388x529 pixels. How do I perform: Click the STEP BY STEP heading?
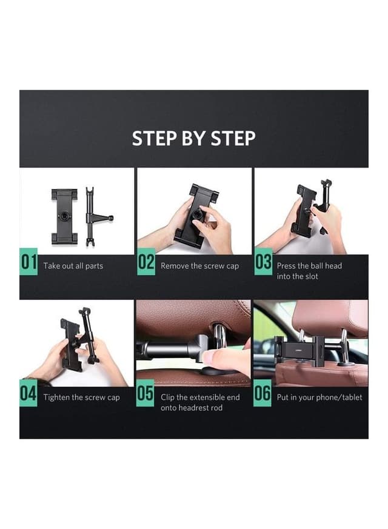coord(193,138)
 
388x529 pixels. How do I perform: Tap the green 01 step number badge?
coord(28,262)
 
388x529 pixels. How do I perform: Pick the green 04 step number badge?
coord(28,393)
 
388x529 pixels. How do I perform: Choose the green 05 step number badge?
coord(145,393)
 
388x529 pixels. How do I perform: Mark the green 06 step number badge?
coord(263,393)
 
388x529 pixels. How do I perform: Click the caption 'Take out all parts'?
coord(73,266)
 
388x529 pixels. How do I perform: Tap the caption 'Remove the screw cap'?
coord(199,266)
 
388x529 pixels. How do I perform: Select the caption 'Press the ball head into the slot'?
coord(309,271)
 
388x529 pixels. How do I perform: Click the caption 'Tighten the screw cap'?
coord(81,398)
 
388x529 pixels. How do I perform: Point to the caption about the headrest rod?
coord(199,402)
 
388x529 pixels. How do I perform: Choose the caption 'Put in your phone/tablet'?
coord(319,398)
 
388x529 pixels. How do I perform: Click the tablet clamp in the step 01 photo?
coord(64,216)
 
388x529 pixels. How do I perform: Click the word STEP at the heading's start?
coord(152,138)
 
